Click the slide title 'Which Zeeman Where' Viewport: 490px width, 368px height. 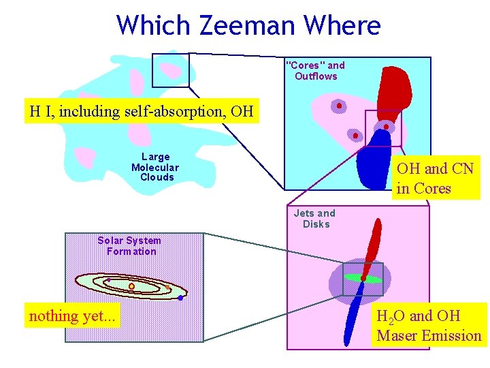coord(248,26)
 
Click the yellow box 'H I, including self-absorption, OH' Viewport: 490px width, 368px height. coord(142,110)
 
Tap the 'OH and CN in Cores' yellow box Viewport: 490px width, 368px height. coord(434,178)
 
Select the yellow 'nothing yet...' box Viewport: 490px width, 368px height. coord(72,316)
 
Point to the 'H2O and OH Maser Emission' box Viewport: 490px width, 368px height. coord(429,325)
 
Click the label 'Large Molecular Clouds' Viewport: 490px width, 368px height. coord(155,167)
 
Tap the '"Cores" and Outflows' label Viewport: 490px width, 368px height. coord(316,71)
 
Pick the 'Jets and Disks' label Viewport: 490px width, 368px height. coord(315,219)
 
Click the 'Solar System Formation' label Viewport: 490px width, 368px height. coord(129,246)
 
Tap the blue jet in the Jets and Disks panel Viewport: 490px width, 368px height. coord(353,317)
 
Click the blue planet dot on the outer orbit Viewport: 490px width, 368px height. coord(180,298)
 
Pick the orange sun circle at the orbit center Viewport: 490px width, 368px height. coord(131,286)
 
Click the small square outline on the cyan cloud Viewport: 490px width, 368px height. coord(170,70)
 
